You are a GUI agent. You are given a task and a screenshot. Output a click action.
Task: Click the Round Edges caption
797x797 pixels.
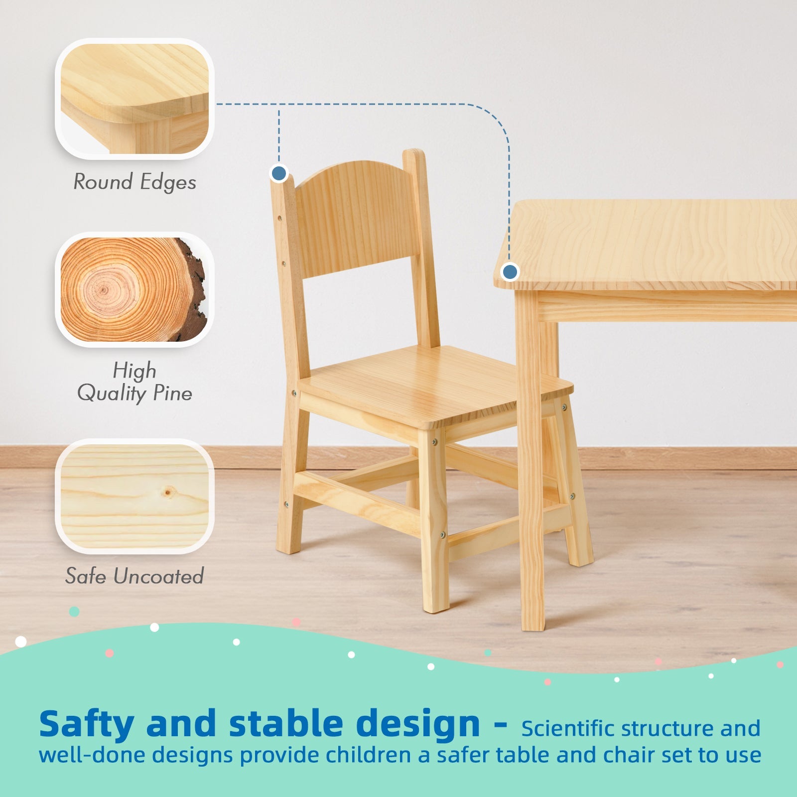134,182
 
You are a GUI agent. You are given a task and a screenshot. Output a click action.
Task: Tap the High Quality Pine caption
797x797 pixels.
134,383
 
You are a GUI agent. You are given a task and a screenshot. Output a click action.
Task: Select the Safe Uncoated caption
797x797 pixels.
134,576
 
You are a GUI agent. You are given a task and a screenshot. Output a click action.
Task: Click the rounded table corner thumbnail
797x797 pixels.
134,99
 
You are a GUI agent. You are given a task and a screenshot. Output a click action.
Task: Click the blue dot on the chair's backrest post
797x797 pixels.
279,173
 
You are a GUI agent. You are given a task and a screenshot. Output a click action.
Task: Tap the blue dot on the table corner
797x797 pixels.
510,272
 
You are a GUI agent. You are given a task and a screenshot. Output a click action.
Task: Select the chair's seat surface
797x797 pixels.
433,384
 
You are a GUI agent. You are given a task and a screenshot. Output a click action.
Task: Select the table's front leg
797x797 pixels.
531,463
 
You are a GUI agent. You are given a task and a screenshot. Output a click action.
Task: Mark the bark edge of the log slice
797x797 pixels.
196,289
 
